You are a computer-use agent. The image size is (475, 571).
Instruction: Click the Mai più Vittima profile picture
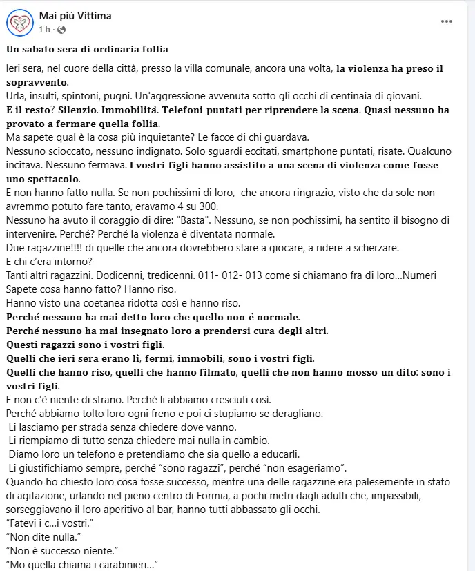pyautogui.click(x=20, y=23)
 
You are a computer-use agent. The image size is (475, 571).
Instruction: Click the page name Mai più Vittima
pyautogui.click(x=75, y=16)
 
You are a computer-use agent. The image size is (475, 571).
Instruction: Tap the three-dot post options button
pyautogui.click(x=447, y=21)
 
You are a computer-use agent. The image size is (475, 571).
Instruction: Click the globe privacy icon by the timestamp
pyautogui.click(x=61, y=30)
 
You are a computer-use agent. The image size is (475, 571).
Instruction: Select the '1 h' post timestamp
pyautogui.click(x=45, y=30)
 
